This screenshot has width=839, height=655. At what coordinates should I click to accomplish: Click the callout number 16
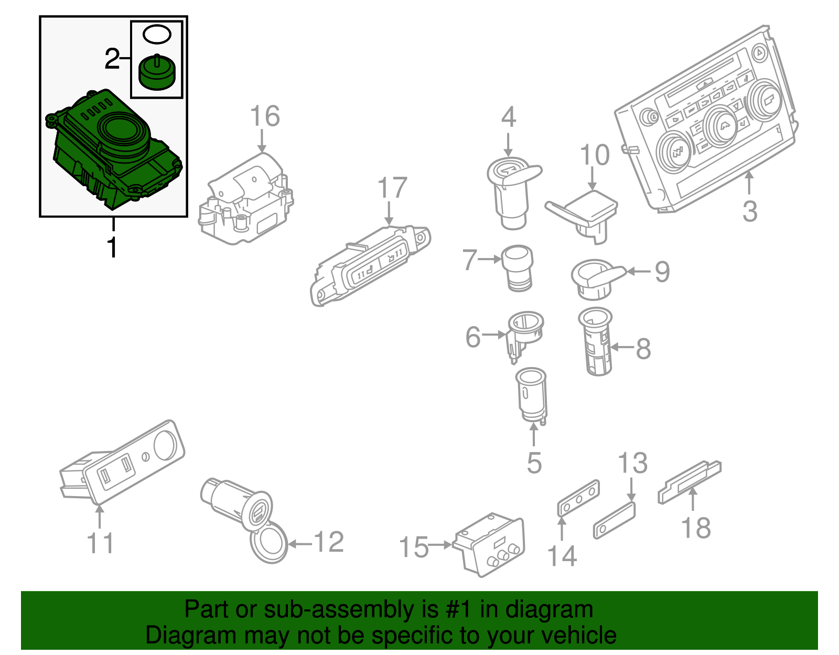coord(265,116)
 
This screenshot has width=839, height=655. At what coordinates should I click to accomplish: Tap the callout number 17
coord(392,188)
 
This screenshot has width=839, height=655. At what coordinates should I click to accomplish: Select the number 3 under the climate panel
coord(750,211)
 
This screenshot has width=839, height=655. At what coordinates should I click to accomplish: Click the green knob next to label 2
coord(157,73)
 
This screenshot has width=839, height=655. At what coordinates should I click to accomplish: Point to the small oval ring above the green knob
coord(157,35)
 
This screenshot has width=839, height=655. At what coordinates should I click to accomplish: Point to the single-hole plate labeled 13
coord(614,520)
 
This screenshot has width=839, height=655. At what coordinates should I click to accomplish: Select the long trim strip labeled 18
coord(690,481)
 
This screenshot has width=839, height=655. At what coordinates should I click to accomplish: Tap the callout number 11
coord(100,544)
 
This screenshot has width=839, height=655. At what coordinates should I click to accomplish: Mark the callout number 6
coord(472,337)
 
